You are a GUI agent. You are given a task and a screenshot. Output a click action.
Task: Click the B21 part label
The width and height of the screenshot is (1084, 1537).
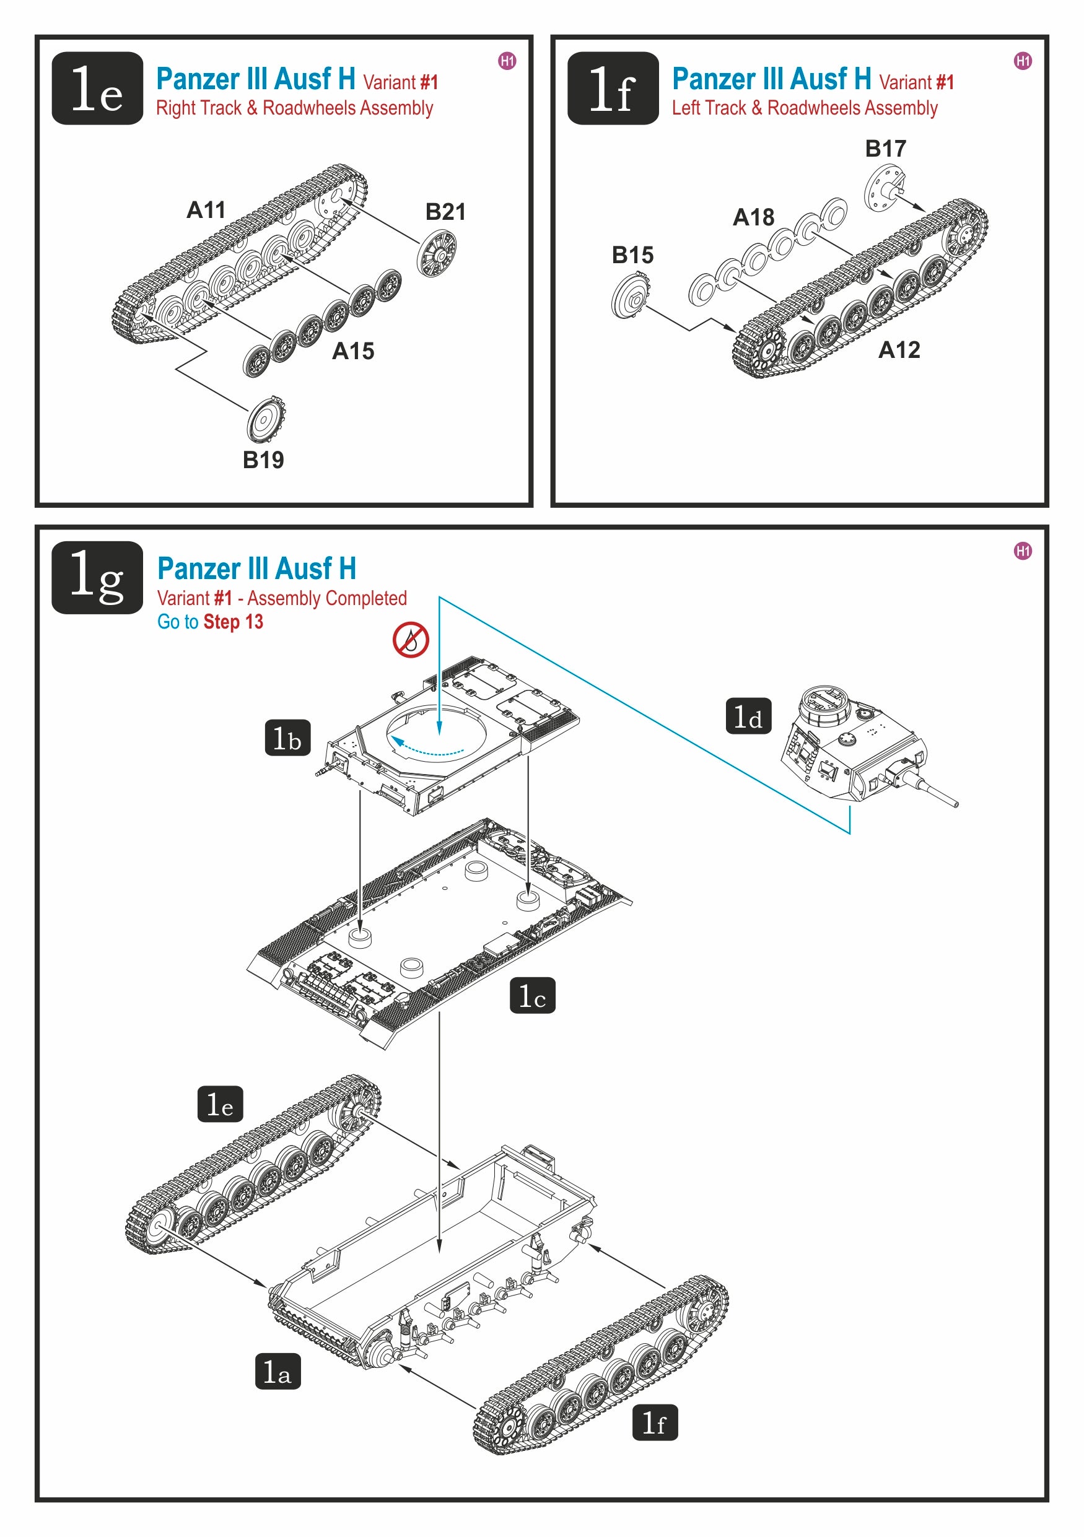tap(445, 212)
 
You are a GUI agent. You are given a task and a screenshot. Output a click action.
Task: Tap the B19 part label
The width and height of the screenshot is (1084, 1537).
tap(263, 460)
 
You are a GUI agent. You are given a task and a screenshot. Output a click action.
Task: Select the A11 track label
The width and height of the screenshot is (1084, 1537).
tap(206, 210)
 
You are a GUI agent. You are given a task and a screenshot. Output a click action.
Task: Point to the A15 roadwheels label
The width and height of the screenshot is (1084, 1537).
tap(353, 351)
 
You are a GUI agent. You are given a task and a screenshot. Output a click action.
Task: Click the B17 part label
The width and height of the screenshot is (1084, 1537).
tap(885, 149)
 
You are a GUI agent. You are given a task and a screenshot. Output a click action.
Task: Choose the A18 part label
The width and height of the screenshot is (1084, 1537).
tap(753, 217)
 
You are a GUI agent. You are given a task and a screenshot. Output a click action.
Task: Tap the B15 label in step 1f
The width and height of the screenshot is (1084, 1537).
tap(632, 255)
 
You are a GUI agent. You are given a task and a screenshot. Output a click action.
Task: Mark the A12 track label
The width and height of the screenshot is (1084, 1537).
tap(899, 349)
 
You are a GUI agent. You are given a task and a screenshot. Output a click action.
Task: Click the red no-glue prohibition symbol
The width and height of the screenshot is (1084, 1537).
tap(411, 640)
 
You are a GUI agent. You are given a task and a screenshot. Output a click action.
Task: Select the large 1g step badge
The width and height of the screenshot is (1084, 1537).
tap(97, 577)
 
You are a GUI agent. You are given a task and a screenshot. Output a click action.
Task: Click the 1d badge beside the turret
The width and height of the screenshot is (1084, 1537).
tap(748, 716)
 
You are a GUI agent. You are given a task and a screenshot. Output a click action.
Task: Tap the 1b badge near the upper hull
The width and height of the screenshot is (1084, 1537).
tap(287, 738)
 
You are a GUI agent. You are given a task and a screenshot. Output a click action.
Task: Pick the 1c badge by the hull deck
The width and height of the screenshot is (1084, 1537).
tap(532, 995)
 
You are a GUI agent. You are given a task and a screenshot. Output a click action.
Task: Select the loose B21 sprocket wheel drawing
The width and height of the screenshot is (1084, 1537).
tap(437, 253)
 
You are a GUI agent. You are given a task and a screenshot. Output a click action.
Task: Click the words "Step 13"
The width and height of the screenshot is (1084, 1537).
tap(233, 622)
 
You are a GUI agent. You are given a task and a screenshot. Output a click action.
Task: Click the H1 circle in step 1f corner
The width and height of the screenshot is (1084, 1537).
tap(1023, 61)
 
